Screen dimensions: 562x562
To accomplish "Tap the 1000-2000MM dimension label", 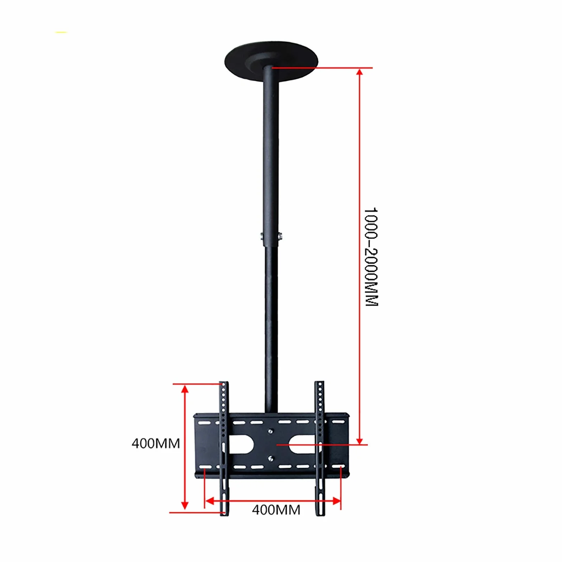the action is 371,256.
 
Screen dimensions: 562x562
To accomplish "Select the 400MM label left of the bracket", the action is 156,444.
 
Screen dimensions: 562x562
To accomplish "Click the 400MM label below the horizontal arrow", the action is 276,510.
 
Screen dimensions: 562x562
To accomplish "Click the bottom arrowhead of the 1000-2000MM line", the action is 360,440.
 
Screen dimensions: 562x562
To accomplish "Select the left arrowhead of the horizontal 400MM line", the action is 209,501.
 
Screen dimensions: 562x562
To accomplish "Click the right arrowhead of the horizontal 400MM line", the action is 336,501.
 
